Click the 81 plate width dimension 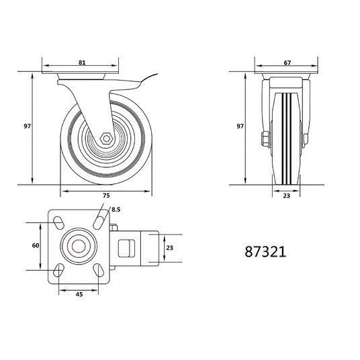tap(82, 62)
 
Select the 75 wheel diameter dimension tap(106, 195)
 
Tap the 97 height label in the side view tap(27, 126)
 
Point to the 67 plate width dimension tap(287, 62)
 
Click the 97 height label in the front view tap(240, 126)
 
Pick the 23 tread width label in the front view tap(286, 196)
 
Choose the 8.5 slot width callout tap(116, 210)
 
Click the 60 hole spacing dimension tap(36, 245)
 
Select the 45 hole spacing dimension tap(79, 294)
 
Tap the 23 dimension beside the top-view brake tap(170, 248)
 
